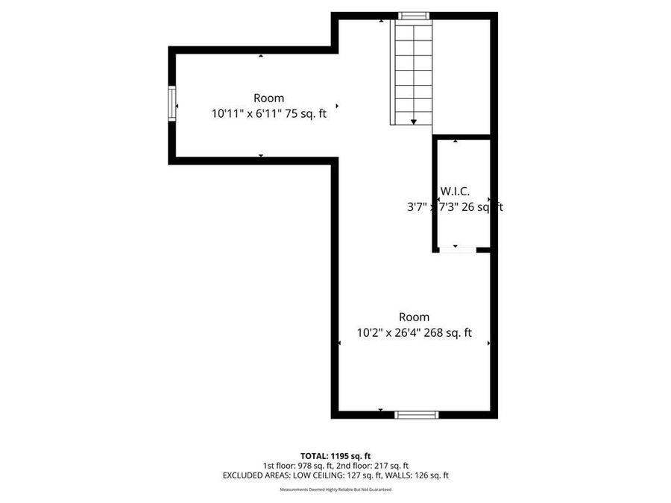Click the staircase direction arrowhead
pos(413,121)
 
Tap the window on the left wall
pos(172,104)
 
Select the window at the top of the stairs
pos(413,16)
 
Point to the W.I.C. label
pos(455,192)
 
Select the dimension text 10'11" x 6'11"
pos(243,114)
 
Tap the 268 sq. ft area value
pos(448,333)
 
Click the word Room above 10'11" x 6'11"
pos(268,98)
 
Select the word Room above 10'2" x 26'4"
pos(414,317)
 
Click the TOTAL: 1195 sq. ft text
pos(335,455)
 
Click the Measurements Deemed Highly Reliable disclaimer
pos(335,490)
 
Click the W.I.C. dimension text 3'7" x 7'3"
pos(432,207)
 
